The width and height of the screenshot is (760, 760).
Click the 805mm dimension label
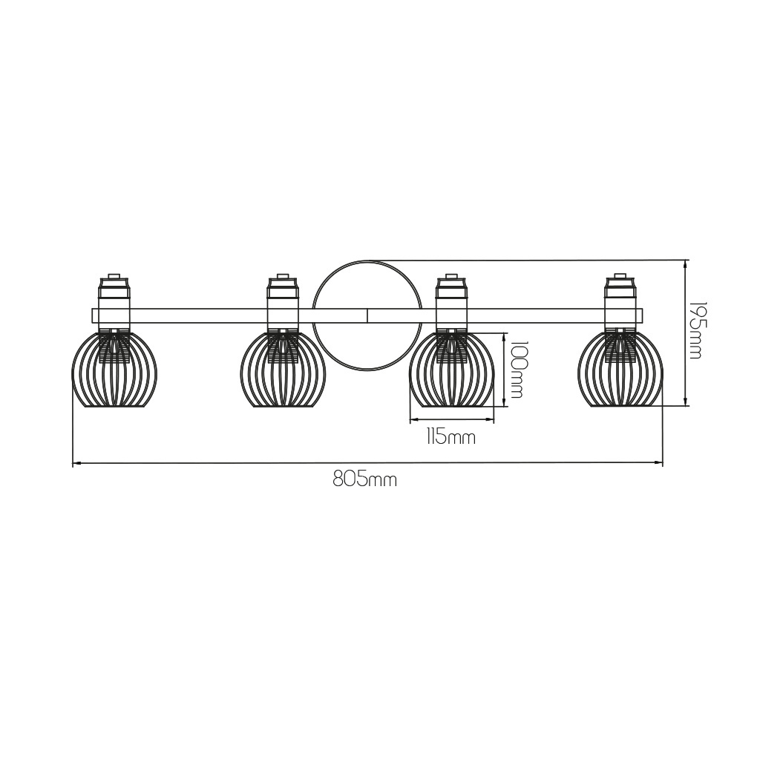coord(364,480)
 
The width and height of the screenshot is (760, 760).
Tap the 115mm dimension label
coord(451,438)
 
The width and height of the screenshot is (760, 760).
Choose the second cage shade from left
coord(283,369)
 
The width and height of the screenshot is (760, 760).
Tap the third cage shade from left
coord(451,369)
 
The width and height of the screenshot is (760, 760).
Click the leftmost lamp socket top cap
coord(114,275)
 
